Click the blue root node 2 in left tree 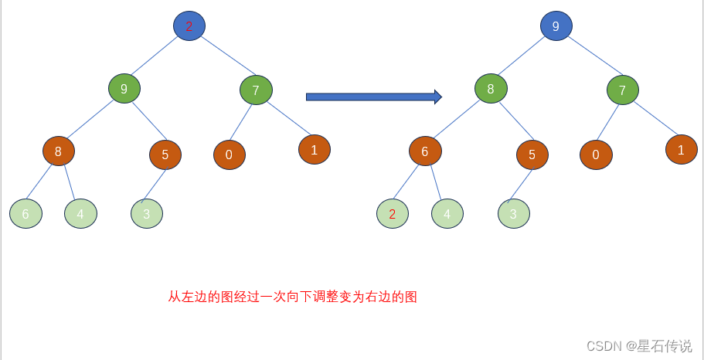(x=189, y=26)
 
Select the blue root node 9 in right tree (x=556, y=26)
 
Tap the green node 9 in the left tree (x=124, y=89)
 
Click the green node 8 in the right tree (x=491, y=89)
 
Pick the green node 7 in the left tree (x=256, y=90)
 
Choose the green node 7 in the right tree (x=622, y=90)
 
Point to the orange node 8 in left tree (x=58, y=151)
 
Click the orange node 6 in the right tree (x=425, y=151)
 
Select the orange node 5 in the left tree (x=165, y=154)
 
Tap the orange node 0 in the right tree (x=596, y=155)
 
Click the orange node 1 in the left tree (x=315, y=150)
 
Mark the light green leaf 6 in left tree (x=26, y=214)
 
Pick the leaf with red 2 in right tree (x=393, y=214)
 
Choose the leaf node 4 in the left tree (x=80, y=214)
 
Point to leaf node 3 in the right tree (x=514, y=214)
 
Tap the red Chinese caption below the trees (x=293, y=297)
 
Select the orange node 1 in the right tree (x=681, y=150)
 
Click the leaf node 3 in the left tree (x=147, y=214)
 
